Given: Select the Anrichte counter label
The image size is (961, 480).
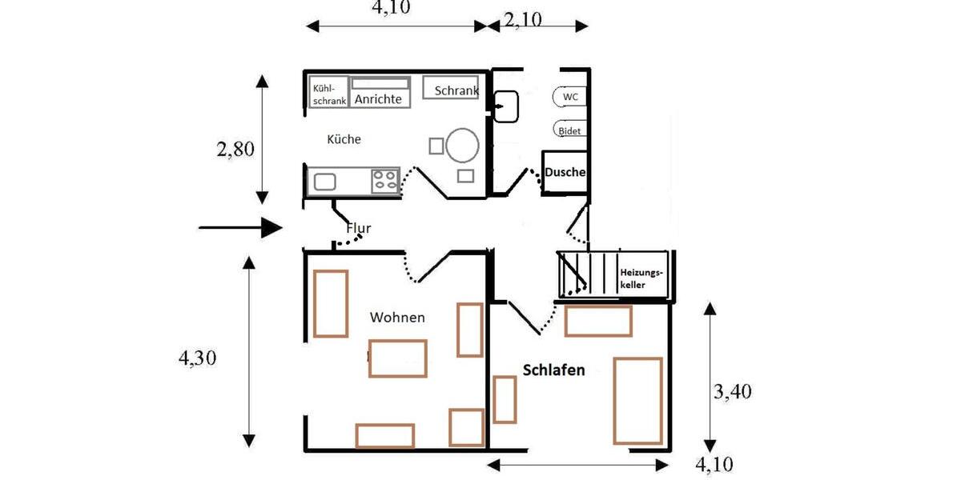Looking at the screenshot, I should click(x=378, y=99).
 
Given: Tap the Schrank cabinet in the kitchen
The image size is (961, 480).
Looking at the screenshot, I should click(x=456, y=90).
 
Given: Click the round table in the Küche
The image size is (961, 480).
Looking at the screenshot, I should click(x=463, y=146).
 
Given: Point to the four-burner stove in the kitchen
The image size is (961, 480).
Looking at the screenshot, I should click(x=386, y=181).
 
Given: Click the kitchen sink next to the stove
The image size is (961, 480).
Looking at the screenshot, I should click(x=324, y=182).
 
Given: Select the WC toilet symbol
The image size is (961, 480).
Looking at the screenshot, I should click(x=569, y=97).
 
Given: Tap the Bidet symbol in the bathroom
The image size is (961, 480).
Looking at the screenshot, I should click(x=569, y=130).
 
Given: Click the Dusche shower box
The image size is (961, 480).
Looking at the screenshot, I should click(x=565, y=172).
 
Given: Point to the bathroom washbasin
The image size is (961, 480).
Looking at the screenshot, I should click(x=507, y=106).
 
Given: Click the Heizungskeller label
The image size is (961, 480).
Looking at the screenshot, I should click(x=641, y=278).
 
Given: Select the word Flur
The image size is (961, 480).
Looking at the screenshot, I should click(x=358, y=229).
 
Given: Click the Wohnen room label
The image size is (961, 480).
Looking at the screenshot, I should click(x=397, y=318).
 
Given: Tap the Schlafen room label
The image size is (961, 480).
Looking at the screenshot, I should click(x=553, y=370).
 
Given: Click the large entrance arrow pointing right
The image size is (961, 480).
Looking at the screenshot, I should click(x=240, y=228).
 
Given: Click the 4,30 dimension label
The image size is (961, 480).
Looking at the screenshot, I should click(x=197, y=358).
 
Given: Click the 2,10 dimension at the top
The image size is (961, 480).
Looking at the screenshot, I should click(x=523, y=20).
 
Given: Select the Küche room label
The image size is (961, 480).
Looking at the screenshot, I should click(x=344, y=139).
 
